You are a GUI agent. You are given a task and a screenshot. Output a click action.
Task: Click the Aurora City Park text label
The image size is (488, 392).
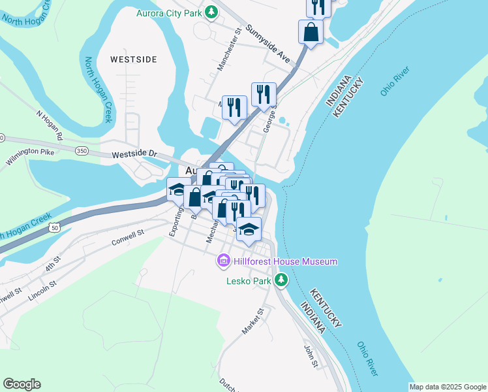tap(169, 12)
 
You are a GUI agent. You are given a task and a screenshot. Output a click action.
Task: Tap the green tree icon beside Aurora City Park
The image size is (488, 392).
tap(211, 12)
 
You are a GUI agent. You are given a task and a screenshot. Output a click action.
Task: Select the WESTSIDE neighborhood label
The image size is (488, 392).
tap(134, 59)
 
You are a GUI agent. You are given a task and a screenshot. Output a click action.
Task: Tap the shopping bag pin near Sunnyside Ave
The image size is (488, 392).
tap(311, 32)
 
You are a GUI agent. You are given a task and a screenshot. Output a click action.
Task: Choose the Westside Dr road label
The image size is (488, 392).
tap(135, 155)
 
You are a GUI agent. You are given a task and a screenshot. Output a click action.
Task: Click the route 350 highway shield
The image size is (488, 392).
tap(82, 150)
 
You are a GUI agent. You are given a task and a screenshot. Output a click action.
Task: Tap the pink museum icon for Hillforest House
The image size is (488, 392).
tap(223, 262)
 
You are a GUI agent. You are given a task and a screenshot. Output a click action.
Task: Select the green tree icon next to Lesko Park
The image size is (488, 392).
tap(281, 281)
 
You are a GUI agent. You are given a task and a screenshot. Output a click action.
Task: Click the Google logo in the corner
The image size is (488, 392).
tap(22, 384)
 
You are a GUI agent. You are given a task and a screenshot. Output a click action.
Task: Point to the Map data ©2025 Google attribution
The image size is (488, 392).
tap(448, 387)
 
